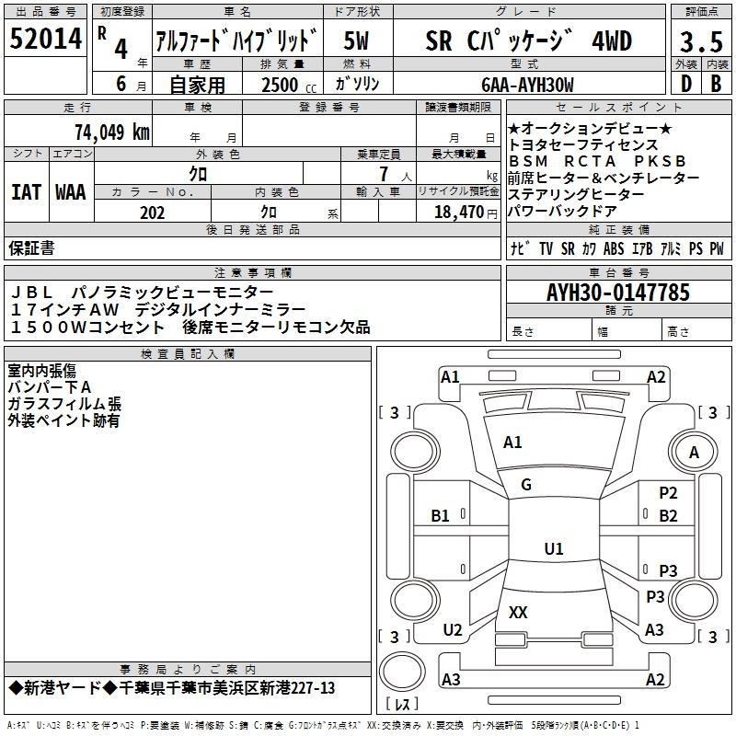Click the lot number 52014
(45, 39)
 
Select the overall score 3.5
(701, 41)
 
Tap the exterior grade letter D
(686, 84)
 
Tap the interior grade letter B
(716, 84)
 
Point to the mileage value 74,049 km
(112, 132)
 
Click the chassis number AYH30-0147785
(618, 293)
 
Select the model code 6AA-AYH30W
(527, 85)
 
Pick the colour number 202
(152, 213)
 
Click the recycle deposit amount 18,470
(459, 213)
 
